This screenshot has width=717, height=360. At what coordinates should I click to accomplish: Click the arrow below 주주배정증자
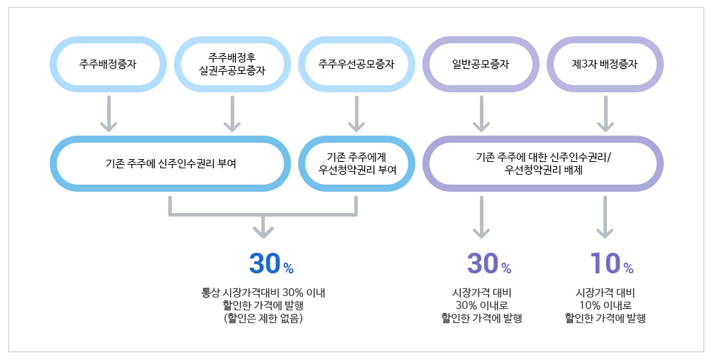point(108,114)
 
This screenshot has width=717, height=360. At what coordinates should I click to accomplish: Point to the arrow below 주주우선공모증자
point(356,114)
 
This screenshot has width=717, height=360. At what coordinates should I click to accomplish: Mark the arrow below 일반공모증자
point(481,114)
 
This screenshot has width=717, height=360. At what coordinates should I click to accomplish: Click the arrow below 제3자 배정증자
point(605,114)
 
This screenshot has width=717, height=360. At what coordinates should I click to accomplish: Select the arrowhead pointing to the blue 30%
point(263,229)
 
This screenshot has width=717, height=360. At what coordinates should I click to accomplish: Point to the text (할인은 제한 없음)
point(263,319)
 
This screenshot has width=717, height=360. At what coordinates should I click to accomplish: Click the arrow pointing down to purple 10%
point(605,217)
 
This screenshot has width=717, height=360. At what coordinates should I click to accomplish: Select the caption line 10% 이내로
point(605,305)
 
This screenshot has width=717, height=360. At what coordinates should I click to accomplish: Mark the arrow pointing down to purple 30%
point(481,217)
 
